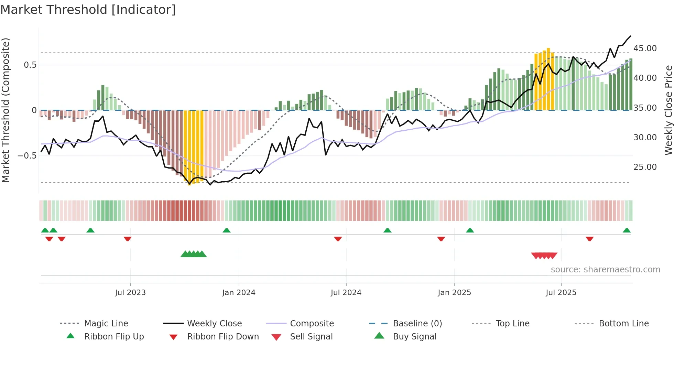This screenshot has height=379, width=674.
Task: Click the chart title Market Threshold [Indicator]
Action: click(88, 10)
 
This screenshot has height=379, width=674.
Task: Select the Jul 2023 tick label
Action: click(130, 293)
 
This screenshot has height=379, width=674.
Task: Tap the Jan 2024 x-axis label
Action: click(239, 293)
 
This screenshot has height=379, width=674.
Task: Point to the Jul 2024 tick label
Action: click(346, 293)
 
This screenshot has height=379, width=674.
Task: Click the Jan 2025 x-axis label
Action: click(454, 293)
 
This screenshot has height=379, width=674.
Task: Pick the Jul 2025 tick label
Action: click(561, 293)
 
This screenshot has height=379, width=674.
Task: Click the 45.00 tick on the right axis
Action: click(645, 48)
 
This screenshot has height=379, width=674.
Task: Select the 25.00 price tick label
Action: click(645, 167)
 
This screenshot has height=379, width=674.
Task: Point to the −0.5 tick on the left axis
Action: click(27, 156)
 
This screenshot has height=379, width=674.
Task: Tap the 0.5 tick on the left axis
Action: click(30, 65)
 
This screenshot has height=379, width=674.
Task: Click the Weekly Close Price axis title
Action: click(668, 110)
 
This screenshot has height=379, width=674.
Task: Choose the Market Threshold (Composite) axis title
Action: click(6, 110)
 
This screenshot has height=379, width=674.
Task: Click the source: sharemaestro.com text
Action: click(605, 270)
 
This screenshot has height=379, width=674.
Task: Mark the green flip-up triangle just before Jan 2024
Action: click(226, 230)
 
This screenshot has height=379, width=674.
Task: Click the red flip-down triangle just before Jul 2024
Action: click(338, 239)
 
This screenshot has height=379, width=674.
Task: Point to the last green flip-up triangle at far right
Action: click(627, 230)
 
